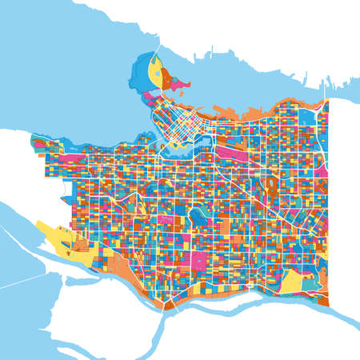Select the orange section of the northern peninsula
(166, 78)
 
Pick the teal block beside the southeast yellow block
(309, 284)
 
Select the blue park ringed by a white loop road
(195, 216)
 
